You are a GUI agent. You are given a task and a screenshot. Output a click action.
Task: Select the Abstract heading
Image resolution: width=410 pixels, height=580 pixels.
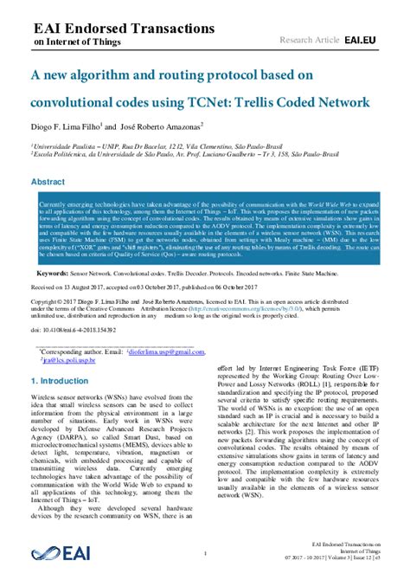48,183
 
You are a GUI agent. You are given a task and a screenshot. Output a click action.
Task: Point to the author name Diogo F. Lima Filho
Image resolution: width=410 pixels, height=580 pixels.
70,126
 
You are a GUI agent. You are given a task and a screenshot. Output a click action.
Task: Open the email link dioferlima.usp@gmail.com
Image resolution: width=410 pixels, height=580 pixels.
163,352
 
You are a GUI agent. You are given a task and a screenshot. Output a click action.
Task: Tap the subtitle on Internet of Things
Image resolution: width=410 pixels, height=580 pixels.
75,40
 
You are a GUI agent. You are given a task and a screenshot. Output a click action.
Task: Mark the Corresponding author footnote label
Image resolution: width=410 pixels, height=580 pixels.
77,352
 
